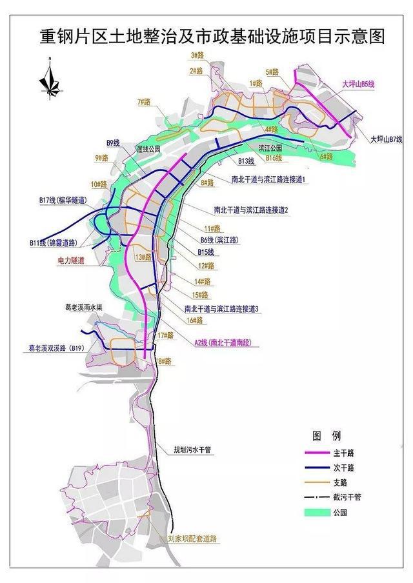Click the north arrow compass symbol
(48, 78)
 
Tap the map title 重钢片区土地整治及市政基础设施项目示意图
(212, 36)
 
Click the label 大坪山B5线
(365, 83)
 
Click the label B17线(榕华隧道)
(62, 201)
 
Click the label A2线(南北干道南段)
(223, 342)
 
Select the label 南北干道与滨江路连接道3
(221, 309)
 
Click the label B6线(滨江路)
(219, 239)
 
